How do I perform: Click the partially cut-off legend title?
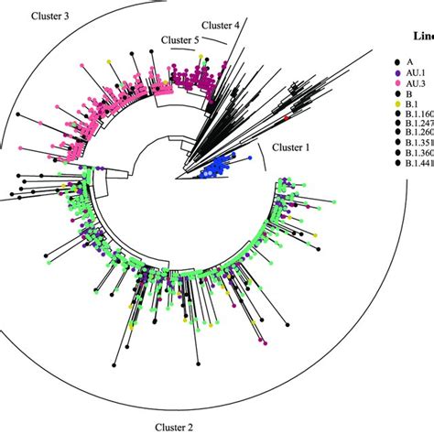(424, 36)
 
